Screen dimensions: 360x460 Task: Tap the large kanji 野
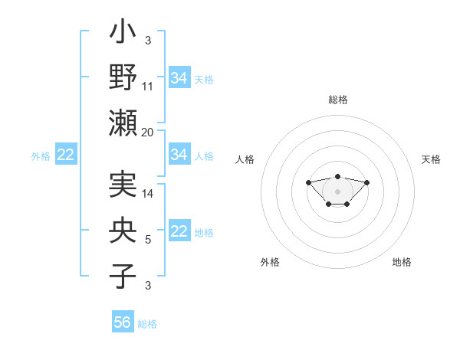pyautogui.click(x=123, y=78)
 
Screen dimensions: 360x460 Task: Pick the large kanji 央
pyautogui.click(x=123, y=233)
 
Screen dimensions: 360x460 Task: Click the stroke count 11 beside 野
pyautogui.click(x=148, y=87)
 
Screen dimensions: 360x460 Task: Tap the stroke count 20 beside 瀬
pyautogui.click(x=148, y=133)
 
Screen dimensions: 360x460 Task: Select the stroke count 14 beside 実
pyautogui.click(x=148, y=194)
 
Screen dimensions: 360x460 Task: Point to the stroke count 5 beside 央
pyautogui.click(x=148, y=240)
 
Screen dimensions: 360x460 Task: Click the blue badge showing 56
pyautogui.click(x=123, y=322)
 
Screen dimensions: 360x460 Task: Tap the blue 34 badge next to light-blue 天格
pyautogui.click(x=179, y=78)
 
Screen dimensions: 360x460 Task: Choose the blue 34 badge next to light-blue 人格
pyautogui.click(x=179, y=155)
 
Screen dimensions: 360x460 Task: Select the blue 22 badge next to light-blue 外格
pyautogui.click(x=66, y=155)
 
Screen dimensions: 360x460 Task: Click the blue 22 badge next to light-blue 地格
pyautogui.click(x=179, y=232)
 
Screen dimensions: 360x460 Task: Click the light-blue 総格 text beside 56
pyautogui.click(x=147, y=324)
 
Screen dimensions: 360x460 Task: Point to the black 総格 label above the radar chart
pyautogui.click(x=337, y=100)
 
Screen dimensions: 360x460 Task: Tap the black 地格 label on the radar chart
pyautogui.click(x=402, y=262)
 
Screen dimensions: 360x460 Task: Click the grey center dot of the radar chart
pyautogui.click(x=337, y=191)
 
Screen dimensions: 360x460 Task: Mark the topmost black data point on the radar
pyautogui.click(x=337, y=176)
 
